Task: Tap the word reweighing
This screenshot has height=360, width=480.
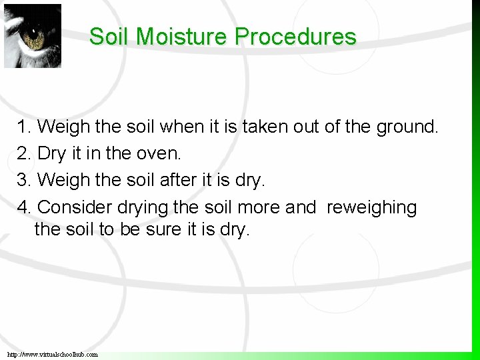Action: tap(371, 208)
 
